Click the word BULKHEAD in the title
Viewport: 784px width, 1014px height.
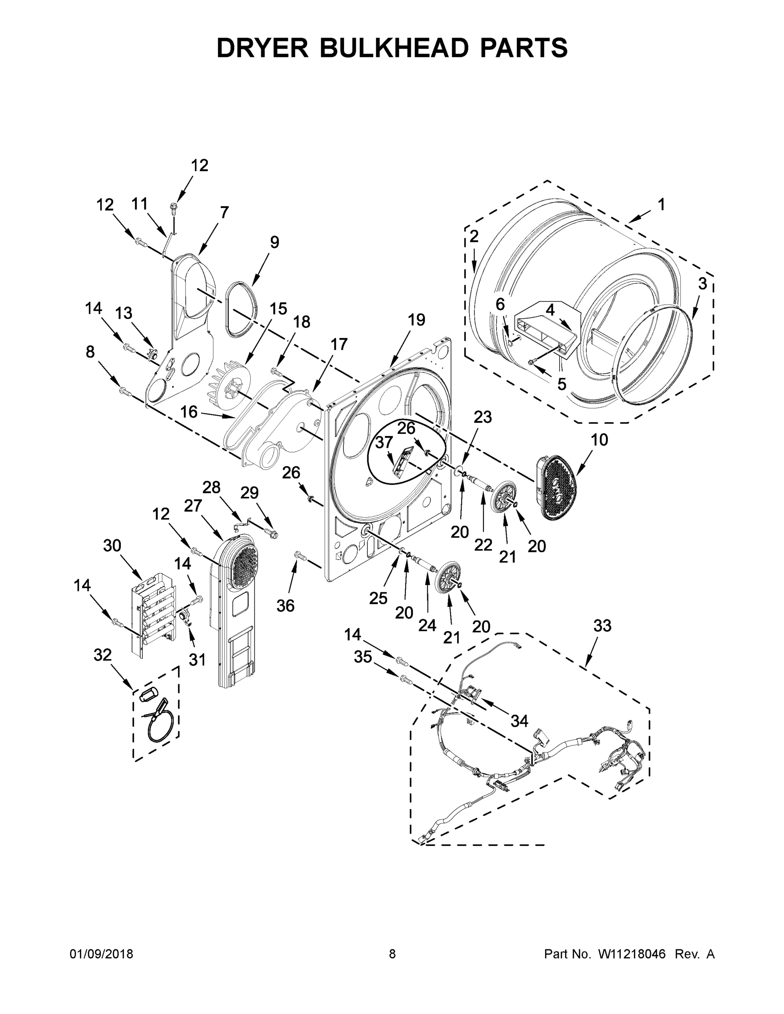(x=393, y=48)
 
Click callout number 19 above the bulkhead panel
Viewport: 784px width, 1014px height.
(x=416, y=320)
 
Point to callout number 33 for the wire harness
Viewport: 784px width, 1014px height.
(x=602, y=626)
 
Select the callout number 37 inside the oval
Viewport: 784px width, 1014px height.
(x=384, y=442)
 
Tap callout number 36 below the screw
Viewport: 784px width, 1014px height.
(x=286, y=605)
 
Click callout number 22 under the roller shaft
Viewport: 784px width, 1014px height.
(x=483, y=545)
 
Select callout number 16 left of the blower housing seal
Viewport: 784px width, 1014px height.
(x=188, y=412)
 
